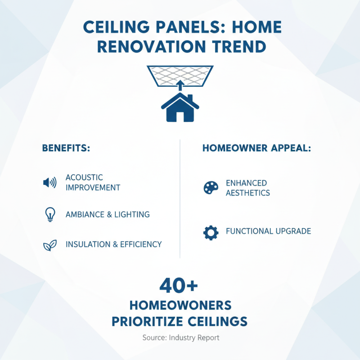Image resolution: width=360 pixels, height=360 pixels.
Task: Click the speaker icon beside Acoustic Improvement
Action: [49, 182]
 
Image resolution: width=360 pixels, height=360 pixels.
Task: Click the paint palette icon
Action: [211, 188]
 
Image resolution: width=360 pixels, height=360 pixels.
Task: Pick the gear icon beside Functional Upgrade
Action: [211, 232]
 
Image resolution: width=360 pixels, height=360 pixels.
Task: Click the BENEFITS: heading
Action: [66, 148]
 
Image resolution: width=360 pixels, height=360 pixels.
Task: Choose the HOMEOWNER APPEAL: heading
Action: [256, 148]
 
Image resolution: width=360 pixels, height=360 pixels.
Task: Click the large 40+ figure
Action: [179, 286]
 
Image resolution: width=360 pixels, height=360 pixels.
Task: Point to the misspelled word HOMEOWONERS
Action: [180, 306]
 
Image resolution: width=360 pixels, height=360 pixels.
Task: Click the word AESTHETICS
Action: [248, 193]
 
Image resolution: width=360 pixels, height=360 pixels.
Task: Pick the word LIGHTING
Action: [132, 215]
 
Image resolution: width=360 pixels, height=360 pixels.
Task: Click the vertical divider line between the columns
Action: [180, 198]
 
